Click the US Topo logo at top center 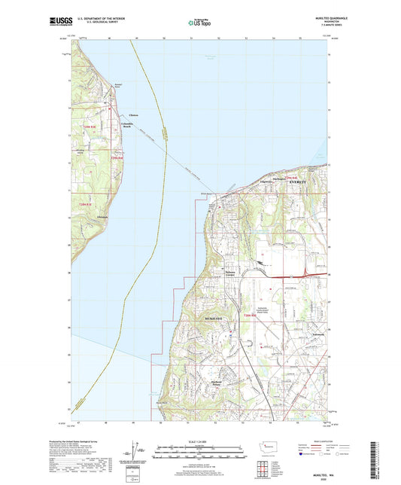pos(199,23)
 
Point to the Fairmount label pos(317,325)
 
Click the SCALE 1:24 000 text pos(200,441)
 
